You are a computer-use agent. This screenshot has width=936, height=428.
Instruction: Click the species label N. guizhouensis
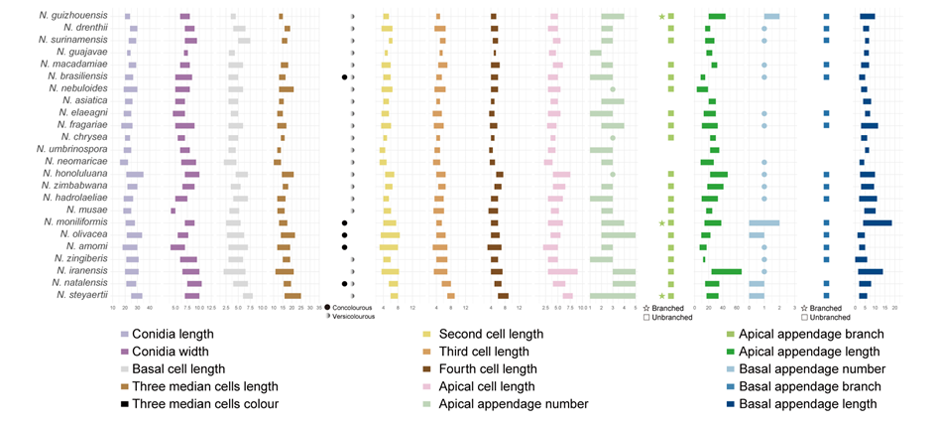[x=74, y=16]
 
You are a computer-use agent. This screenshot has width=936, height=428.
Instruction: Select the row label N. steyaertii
[x=81, y=295]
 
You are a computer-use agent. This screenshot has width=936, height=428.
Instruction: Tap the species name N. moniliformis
[x=77, y=222]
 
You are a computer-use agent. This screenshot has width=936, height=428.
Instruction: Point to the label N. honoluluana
[x=78, y=174]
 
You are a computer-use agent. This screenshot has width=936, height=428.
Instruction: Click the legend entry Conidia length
[x=175, y=335]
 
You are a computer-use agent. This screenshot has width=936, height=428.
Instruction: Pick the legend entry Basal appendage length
[x=815, y=404]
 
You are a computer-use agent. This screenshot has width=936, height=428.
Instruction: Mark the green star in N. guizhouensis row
[x=661, y=17]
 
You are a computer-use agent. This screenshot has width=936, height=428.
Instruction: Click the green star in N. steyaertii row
[x=661, y=295]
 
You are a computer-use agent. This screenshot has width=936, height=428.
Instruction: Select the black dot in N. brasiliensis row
[x=344, y=76]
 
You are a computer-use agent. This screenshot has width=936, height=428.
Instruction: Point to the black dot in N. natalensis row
[x=344, y=283]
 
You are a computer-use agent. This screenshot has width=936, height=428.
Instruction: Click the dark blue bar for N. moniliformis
[x=877, y=222]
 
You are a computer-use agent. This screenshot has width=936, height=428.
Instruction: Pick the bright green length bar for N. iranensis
[x=726, y=271]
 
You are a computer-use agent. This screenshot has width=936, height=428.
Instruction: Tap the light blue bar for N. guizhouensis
[x=770, y=17]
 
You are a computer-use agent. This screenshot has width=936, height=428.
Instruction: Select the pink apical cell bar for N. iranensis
[x=562, y=271]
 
